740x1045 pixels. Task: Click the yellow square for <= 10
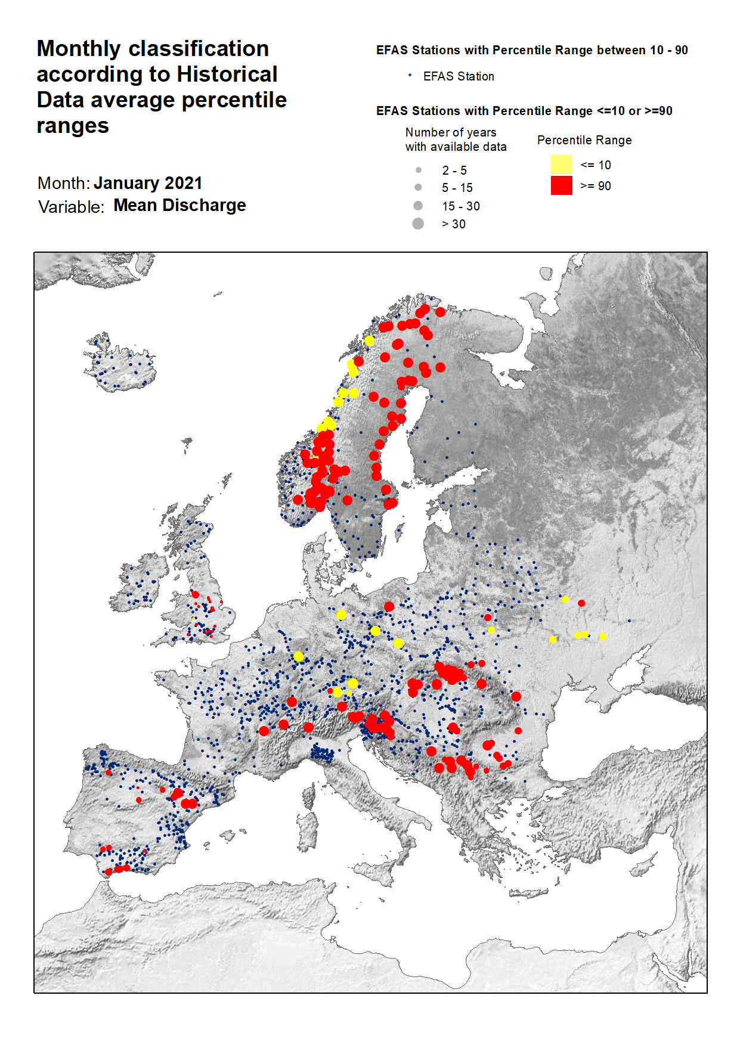pyautogui.click(x=561, y=165)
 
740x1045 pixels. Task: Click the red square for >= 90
pyautogui.click(x=561, y=185)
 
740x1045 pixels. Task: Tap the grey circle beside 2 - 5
pyautogui.click(x=418, y=170)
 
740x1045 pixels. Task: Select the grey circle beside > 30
pyautogui.click(x=418, y=224)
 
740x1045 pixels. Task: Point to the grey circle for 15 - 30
pyautogui.click(x=418, y=206)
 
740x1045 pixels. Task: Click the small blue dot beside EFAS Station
pyautogui.click(x=410, y=75)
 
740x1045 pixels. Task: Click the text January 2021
pyautogui.click(x=148, y=183)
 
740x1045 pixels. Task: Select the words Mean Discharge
pyautogui.click(x=179, y=205)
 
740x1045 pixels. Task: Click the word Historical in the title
pyautogui.click(x=227, y=74)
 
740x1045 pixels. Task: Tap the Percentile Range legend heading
pyautogui.click(x=584, y=140)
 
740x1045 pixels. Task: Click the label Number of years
pyautogui.click(x=450, y=132)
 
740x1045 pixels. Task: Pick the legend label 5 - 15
pyautogui.click(x=457, y=188)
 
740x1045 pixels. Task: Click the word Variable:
pyautogui.click(x=71, y=207)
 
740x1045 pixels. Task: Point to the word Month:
pyautogui.click(x=63, y=183)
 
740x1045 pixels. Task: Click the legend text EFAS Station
pyautogui.click(x=458, y=76)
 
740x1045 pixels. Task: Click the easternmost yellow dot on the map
pyautogui.click(x=603, y=637)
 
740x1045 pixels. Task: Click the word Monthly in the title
pyautogui.click(x=78, y=49)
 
